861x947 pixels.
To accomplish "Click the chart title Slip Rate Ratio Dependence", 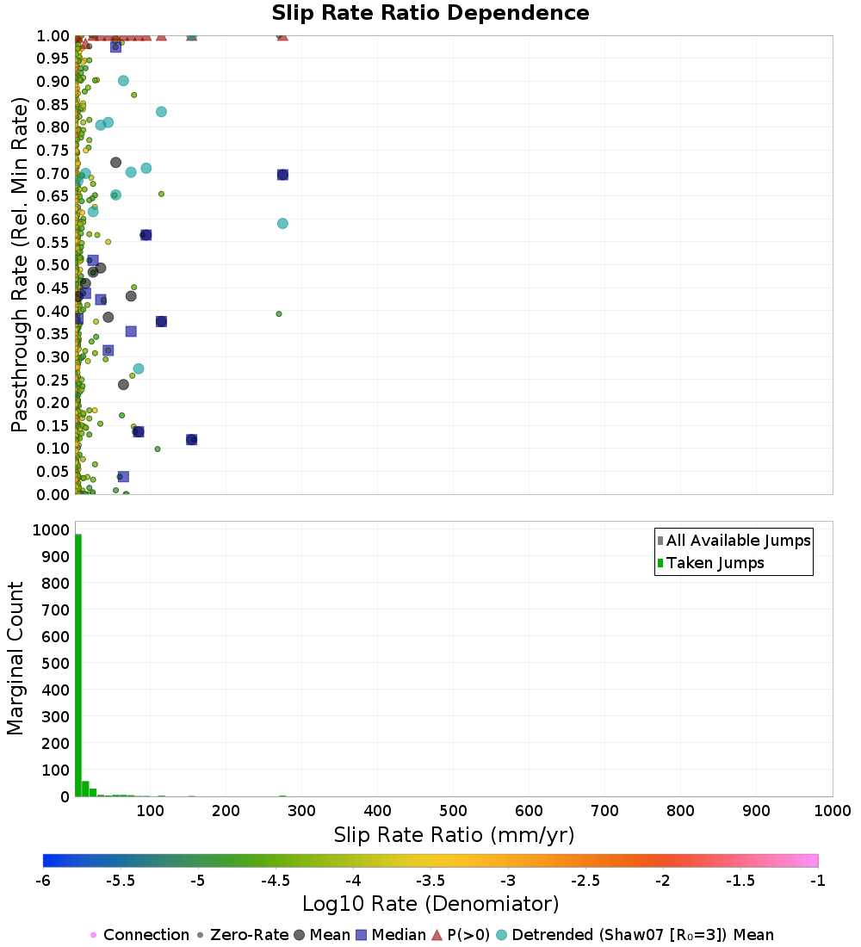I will [x=430, y=14].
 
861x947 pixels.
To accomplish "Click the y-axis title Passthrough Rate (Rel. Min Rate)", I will [x=21, y=264].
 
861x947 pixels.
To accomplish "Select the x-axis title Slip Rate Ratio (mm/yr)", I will [x=454, y=835].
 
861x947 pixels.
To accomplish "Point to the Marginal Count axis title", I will [x=15, y=659].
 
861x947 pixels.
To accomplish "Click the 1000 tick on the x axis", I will [x=833, y=810].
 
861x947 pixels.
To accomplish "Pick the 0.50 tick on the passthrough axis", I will [x=53, y=264].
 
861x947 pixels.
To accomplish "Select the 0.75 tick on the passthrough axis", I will [x=53, y=150].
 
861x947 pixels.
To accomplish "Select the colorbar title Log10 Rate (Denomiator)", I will [x=430, y=904].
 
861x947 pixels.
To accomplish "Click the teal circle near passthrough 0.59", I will [x=282, y=224].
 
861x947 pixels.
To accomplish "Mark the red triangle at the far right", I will [x=282, y=35].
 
